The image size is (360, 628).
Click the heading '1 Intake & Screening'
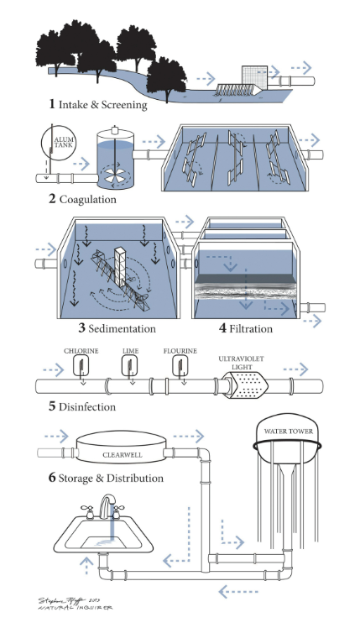(x=97, y=105)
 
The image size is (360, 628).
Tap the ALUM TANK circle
(x=64, y=144)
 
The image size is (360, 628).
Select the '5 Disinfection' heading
(x=81, y=407)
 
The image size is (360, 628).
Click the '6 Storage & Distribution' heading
(x=105, y=478)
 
